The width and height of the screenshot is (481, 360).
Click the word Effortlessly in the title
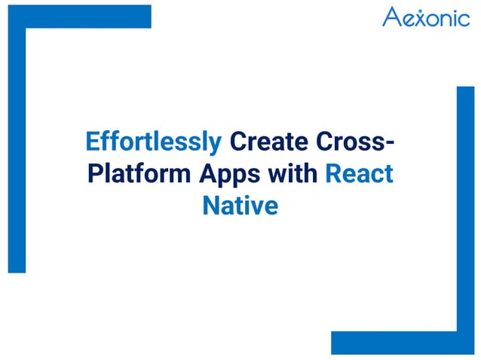(154, 142)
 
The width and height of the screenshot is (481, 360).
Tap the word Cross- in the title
(354, 142)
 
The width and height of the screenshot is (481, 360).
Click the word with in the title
(295, 173)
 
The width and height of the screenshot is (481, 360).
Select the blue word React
(359, 173)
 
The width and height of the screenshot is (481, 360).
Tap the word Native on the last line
(240, 205)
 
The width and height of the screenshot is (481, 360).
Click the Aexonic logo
(425, 17)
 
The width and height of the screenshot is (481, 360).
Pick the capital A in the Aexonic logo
(392, 17)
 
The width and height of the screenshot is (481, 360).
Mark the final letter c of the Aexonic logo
(464, 19)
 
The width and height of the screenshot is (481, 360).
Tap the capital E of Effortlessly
(91, 142)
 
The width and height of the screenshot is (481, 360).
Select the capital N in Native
(210, 205)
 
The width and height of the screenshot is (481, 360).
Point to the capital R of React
(332, 173)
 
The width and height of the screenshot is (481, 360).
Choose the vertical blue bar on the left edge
(17, 151)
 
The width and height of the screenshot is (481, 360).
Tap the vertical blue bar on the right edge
(465, 211)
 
